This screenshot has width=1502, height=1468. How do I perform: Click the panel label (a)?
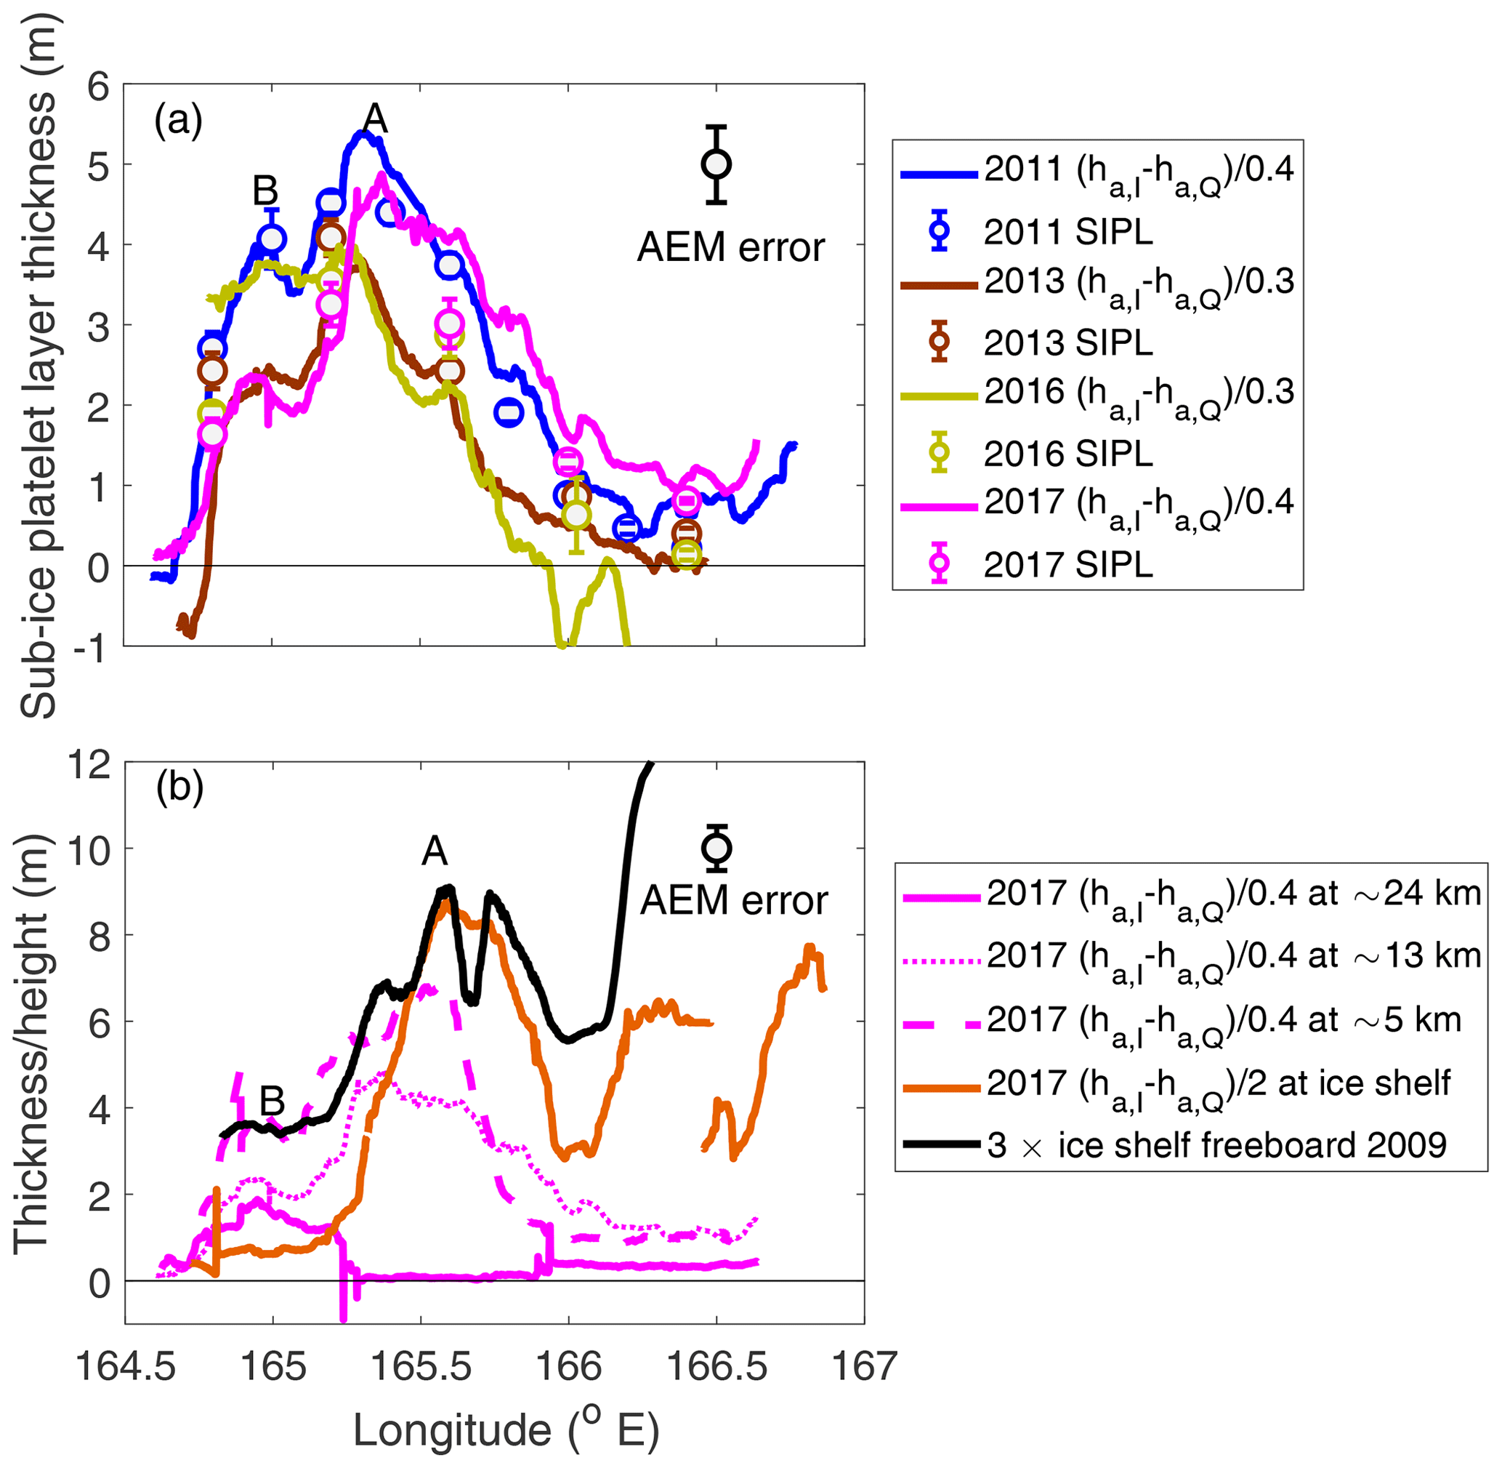(178, 121)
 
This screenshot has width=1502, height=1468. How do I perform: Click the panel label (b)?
(179, 787)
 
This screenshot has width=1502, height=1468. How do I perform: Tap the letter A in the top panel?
(374, 119)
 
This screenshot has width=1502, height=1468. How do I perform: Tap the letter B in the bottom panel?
(272, 1101)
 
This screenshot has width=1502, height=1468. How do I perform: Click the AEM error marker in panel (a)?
(716, 165)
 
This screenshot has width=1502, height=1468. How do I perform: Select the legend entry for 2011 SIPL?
(1067, 232)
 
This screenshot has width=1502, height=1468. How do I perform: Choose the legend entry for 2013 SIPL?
(1067, 342)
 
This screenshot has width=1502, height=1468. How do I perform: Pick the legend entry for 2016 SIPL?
(1067, 454)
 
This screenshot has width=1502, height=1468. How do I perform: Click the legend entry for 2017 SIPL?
(1067, 565)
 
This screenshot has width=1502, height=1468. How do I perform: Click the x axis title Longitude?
(506, 1431)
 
